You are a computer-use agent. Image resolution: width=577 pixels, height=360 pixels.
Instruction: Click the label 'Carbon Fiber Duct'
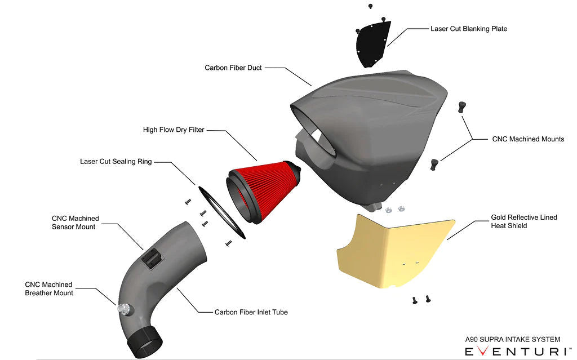point(233,68)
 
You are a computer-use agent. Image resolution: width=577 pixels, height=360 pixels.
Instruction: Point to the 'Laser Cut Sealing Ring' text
point(116,162)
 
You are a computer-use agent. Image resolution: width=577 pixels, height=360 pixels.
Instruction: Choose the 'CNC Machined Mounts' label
point(528,139)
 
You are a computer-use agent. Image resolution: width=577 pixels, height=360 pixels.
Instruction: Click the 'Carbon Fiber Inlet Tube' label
point(251,312)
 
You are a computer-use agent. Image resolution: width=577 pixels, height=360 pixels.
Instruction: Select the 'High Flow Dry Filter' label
point(174,130)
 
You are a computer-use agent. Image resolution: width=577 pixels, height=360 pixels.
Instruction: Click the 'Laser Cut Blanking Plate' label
point(469,29)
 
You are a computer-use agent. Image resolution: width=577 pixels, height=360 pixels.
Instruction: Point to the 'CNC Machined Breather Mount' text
point(49,289)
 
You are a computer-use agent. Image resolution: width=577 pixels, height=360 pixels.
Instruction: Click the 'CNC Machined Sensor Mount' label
point(75,223)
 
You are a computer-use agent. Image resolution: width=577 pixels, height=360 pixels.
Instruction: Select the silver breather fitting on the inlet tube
point(122,308)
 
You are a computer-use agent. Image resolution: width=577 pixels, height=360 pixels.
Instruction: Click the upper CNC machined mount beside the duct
point(461,107)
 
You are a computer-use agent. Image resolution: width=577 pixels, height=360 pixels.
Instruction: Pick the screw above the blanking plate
point(370,6)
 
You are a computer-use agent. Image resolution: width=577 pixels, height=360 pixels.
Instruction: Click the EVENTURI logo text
point(514,351)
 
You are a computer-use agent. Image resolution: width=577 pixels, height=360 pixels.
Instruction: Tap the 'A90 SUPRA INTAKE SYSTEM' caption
point(512,339)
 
